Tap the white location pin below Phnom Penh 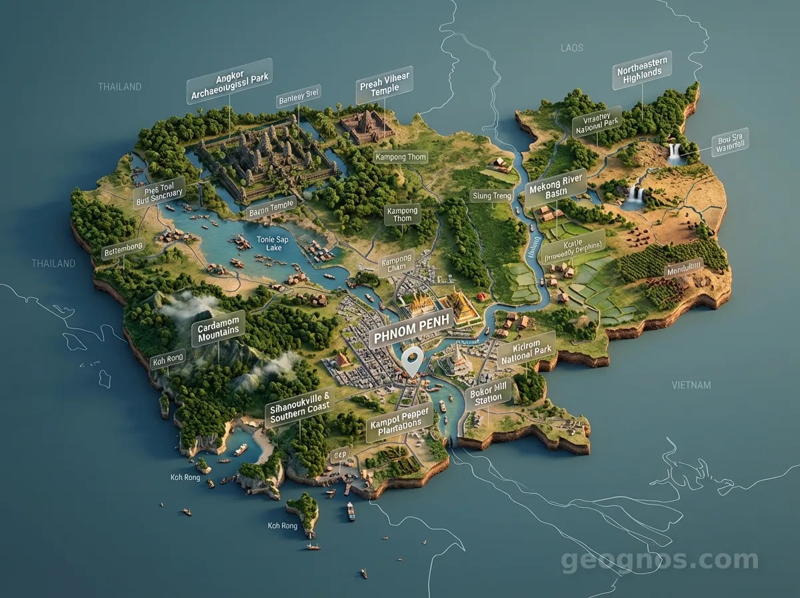[411, 360]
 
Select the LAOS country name [571, 47]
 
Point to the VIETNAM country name [691, 385]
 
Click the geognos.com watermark [659, 561]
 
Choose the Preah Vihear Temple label [385, 85]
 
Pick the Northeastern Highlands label [641, 70]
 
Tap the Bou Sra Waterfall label [729, 142]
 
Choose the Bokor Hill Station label [488, 395]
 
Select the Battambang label [123, 249]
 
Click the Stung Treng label [491, 196]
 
